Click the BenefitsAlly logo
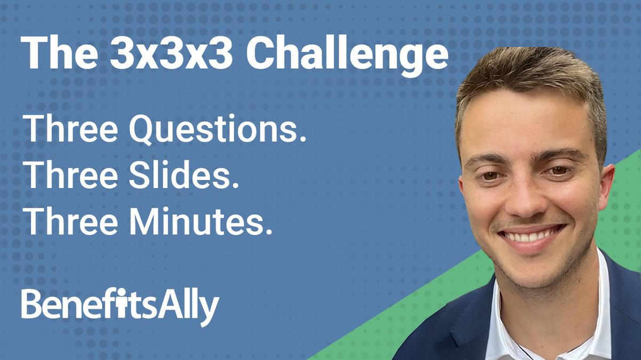[x=120, y=306]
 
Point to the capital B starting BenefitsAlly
[x=30, y=304]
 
